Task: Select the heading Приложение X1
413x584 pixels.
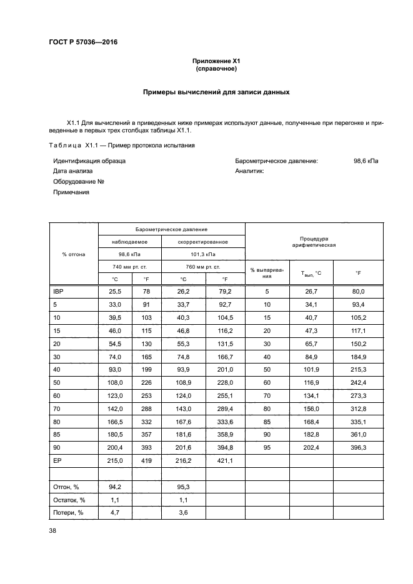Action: (216, 61)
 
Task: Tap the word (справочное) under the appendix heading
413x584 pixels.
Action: (216, 69)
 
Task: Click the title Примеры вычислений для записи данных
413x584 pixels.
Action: (216, 92)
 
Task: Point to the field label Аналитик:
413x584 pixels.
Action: (250, 171)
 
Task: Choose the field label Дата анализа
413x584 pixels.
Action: (73, 171)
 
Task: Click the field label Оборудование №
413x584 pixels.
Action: (78, 182)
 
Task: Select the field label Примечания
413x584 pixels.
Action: (71, 192)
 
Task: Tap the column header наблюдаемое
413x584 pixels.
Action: (130, 242)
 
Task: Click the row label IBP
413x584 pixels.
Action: (59, 291)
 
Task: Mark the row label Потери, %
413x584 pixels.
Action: (69, 514)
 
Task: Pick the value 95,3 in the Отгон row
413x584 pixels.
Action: (183, 487)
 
